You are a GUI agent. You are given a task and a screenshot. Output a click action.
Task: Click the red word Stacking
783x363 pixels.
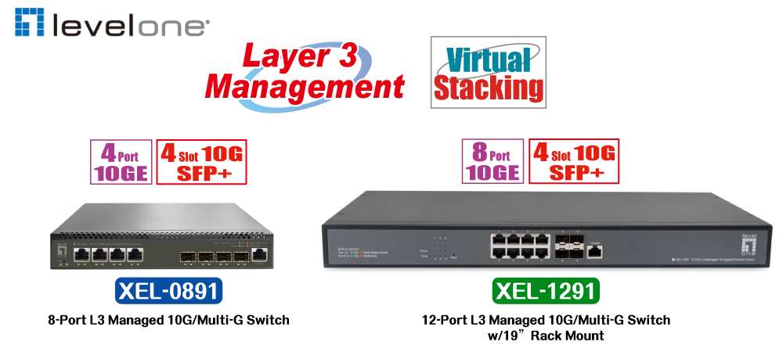[x=489, y=88]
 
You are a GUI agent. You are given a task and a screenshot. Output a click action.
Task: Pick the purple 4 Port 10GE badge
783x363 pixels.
[x=121, y=161]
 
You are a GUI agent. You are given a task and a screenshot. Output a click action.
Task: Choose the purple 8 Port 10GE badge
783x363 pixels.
[x=493, y=161]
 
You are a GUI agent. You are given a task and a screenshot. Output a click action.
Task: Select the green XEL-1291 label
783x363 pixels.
[x=546, y=291]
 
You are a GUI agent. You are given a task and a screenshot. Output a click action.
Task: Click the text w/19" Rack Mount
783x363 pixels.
[x=547, y=336]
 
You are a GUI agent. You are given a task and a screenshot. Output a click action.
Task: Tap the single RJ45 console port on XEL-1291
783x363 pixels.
[x=597, y=250]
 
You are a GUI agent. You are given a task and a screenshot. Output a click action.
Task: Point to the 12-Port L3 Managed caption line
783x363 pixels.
[x=546, y=320]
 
